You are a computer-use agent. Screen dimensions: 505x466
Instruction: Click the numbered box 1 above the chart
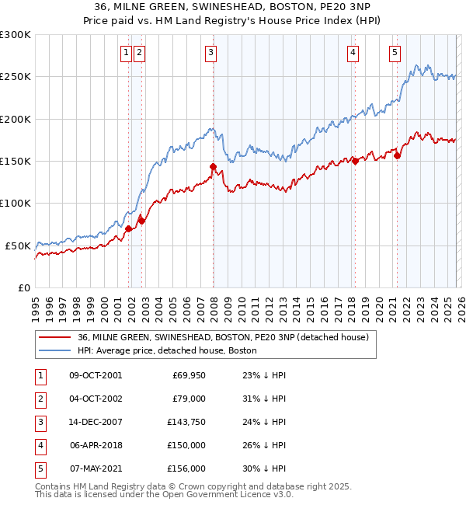[126, 53]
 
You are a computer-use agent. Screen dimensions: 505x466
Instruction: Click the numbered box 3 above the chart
[210, 53]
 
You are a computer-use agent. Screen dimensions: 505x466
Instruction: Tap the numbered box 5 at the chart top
[395, 53]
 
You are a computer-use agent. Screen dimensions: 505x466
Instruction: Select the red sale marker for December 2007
[213, 166]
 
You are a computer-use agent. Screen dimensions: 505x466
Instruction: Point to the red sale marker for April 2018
[355, 161]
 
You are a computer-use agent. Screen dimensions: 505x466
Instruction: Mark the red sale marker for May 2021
[398, 156]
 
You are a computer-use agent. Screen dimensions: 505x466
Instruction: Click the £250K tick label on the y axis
[16, 77]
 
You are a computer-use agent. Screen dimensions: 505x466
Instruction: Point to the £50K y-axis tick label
[18, 246]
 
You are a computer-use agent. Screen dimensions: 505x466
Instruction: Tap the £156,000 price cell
[186, 469]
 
